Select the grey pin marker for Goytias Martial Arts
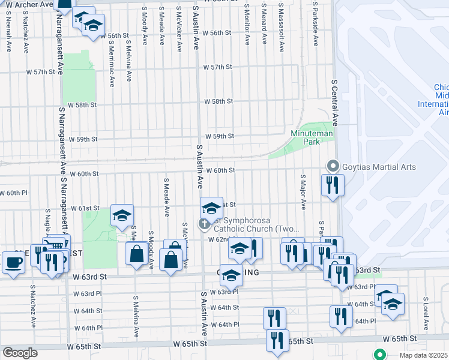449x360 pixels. click(331, 166)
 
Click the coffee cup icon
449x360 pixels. click(13, 262)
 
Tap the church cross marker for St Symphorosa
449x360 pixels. click(204, 224)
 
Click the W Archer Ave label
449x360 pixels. click(25, 5)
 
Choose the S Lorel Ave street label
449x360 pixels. click(425, 311)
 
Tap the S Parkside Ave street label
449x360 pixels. click(315, 23)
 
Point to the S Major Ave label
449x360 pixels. click(303, 193)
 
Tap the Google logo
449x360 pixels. click(20, 352)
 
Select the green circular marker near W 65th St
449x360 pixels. click(379, 355)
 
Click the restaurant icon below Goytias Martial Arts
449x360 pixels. click(331, 184)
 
